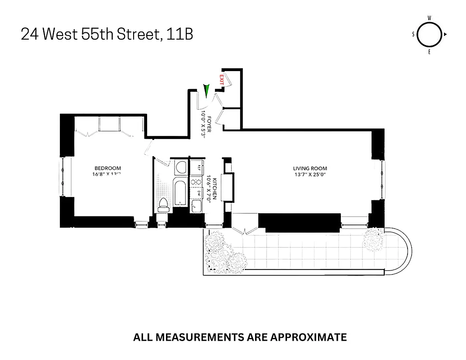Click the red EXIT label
point(221,80)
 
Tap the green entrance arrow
point(206,91)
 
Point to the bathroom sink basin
point(180,167)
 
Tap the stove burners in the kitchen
point(197,182)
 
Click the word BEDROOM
point(108,168)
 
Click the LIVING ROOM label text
point(310,169)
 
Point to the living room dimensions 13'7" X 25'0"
point(310,175)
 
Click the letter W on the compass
point(430,18)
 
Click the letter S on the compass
point(413,35)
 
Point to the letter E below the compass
point(430,52)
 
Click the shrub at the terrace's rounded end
point(373,239)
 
